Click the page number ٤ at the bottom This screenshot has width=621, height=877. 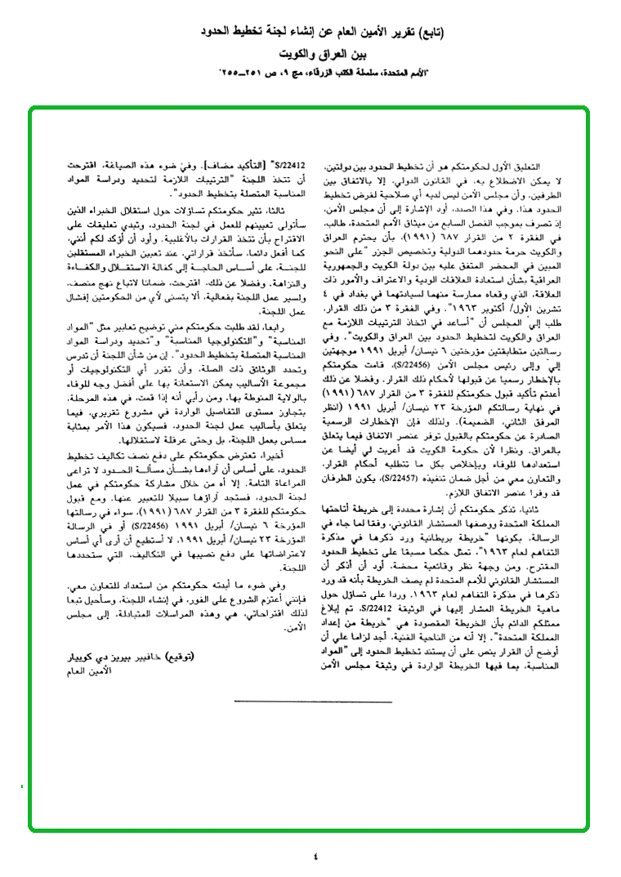tap(316, 855)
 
